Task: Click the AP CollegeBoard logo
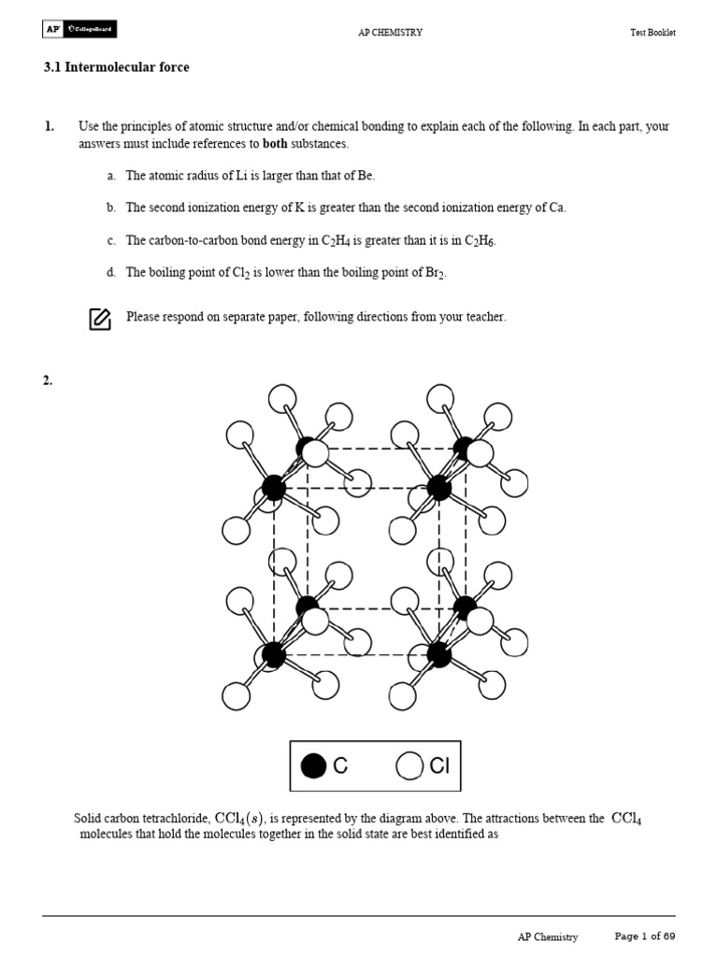coord(79,30)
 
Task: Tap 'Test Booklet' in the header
coord(652,33)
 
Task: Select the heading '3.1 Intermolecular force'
coord(116,67)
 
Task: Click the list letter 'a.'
coord(111,176)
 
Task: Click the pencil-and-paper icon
coord(100,319)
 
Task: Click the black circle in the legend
coord(314,766)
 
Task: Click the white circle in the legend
coord(409,766)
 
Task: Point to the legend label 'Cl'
coord(439,766)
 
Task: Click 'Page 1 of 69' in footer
coord(644,936)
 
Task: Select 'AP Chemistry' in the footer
coord(548,936)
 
